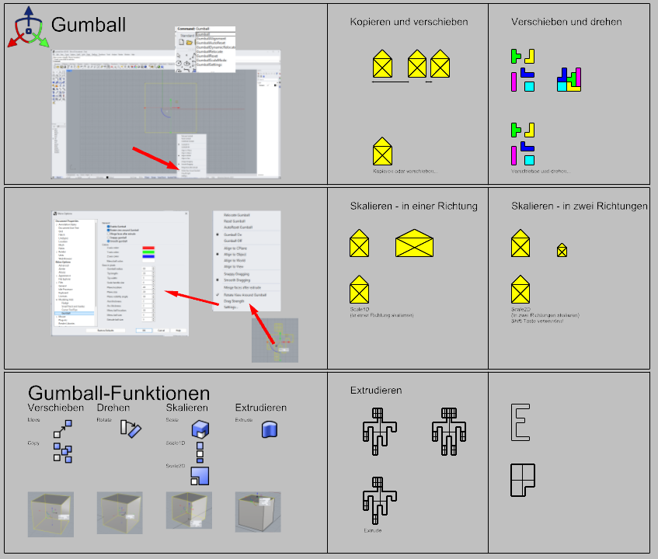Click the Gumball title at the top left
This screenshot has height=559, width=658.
(x=88, y=25)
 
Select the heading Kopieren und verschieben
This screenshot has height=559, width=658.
(x=409, y=22)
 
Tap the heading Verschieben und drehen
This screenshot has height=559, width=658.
(x=566, y=22)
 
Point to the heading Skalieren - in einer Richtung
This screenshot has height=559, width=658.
(x=413, y=206)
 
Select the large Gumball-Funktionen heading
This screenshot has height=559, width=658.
(x=119, y=393)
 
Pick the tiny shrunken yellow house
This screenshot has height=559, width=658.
(x=562, y=250)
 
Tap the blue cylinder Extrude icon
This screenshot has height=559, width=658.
(x=270, y=429)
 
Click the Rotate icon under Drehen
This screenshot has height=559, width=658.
(x=130, y=428)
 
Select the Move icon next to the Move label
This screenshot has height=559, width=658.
(x=62, y=428)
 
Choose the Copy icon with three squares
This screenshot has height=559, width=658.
(x=62, y=452)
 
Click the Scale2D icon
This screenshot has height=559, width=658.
(x=201, y=474)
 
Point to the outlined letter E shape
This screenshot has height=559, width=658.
(x=520, y=423)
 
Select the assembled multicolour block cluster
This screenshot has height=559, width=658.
(x=569, y=79)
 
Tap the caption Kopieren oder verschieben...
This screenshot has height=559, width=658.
(x=404, y=171)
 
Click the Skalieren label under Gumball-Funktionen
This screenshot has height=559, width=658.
(x=186, y=408)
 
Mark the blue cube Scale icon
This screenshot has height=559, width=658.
(x=200, y=429)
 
